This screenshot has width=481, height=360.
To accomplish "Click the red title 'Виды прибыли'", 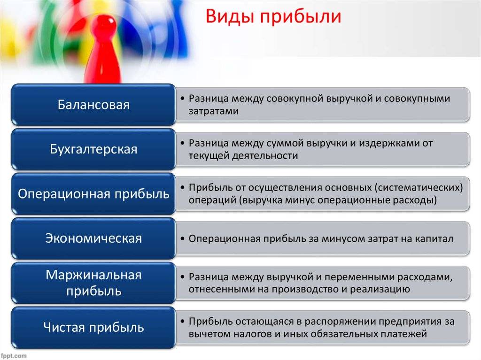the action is point(273,16).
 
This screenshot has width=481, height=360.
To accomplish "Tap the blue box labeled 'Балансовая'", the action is point(93,105).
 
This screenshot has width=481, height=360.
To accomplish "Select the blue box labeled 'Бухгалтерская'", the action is point(93,149).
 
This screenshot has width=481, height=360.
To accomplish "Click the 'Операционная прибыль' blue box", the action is point(93,194).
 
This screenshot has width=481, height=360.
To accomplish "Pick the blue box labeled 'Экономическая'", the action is point(93,238).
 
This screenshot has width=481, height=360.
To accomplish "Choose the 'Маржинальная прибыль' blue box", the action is point(93,283).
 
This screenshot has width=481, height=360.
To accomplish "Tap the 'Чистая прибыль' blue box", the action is point(93,328).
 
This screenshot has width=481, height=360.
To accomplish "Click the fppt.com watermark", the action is point(14,356).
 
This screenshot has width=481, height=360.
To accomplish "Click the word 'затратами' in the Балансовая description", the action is point(214,111).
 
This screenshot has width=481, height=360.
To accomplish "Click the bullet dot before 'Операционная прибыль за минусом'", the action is point(183,239).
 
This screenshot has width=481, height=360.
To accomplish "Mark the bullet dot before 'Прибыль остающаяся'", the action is point(183,322).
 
